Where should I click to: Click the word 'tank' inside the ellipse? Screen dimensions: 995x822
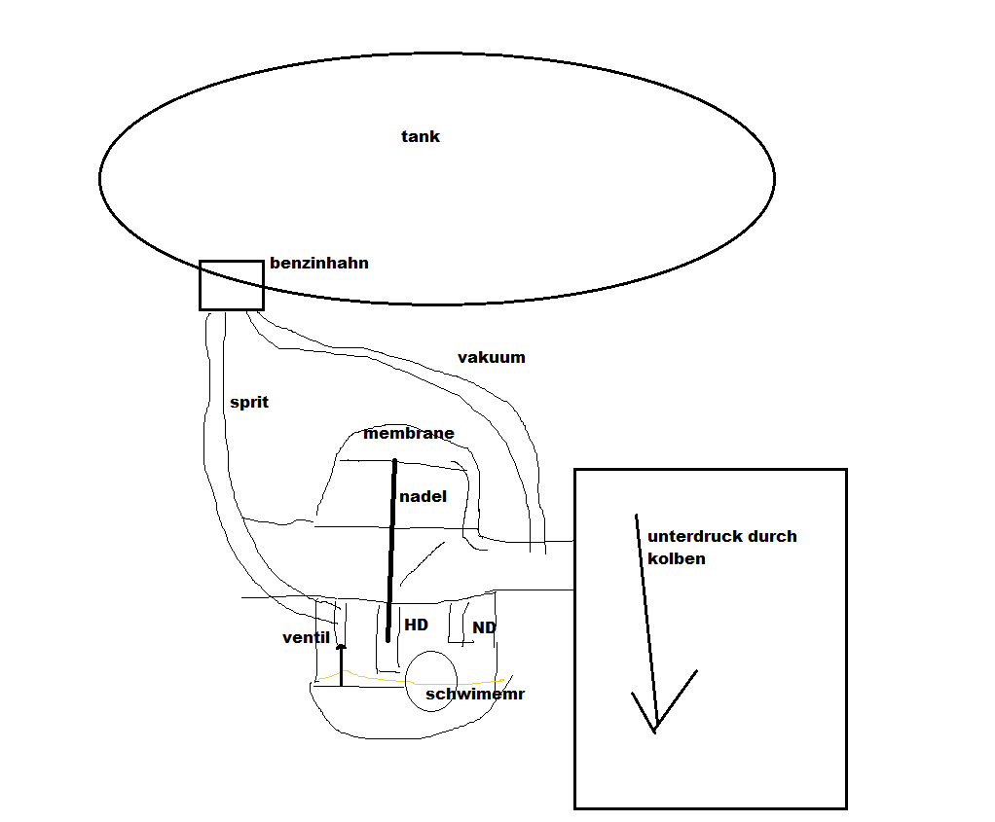pyautogui.click(x=420, y=136)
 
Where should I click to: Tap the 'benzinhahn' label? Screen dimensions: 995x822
pyautogui.click(x=319, y=263)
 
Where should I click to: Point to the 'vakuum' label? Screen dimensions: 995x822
pyautogui.click(x=491, y=357)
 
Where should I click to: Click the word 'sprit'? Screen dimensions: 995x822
pyautogui.click(x=249, y=402)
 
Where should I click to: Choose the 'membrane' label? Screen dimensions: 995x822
pyautogui.click(x=409, y=433)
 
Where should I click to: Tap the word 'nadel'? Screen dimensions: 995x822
pyautogui.click(x=423, y=496)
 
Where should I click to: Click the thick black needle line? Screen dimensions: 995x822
pyautogui.click(x=391, y=551)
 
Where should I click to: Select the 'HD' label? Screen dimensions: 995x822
pyautogui.click(x=417, y=625)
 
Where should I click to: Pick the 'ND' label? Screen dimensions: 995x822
pyautogui.click(x=484, y=627)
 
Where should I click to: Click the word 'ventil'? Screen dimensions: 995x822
pyautogui.click(x=306, y=637)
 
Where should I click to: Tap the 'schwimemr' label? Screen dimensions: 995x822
pyautogui.click(x=475, y=694)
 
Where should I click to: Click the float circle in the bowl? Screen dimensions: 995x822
pyautogui.click(x=406, y=682)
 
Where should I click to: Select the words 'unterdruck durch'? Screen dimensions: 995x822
pyautogui.click(x=722, y=536)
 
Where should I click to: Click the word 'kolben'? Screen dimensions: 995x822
pyautogui.click(x=677, y=558)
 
